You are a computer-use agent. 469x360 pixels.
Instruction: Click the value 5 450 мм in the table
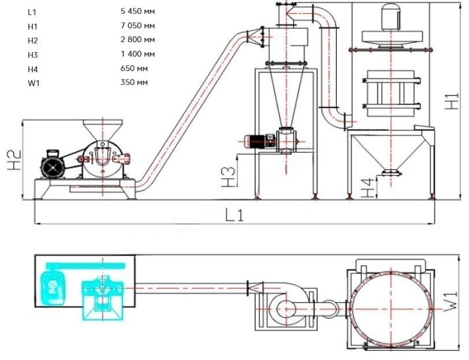[138, 11]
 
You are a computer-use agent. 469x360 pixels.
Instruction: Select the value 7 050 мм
[138, 26]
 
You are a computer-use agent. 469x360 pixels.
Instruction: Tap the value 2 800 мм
[138, 39]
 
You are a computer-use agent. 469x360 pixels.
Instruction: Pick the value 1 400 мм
[138, 54]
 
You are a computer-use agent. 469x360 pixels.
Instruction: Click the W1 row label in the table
[34, 82]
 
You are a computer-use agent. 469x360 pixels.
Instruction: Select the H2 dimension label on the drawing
[15, 160]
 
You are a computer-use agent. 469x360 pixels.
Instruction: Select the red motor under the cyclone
[259, 141]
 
